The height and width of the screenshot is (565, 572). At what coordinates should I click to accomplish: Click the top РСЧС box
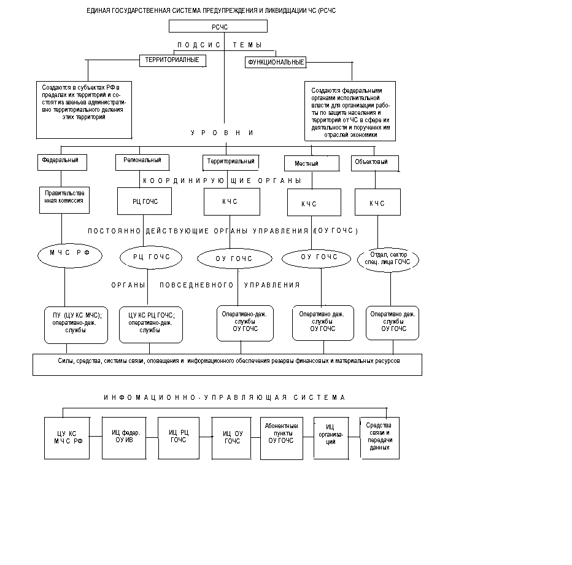(218, 26)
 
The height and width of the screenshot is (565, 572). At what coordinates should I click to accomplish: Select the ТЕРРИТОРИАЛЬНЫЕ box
(173, 61)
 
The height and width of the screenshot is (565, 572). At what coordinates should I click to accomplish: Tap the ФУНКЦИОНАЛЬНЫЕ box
(276, 63)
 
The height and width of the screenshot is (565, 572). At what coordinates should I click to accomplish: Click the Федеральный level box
(63, 162)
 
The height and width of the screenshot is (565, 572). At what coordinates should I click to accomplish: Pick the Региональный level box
(142, 162)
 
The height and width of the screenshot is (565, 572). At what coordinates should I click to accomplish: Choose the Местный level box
(312, 163)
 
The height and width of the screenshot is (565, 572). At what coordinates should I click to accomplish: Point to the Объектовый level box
(374, 163)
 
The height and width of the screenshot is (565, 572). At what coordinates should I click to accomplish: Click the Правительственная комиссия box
(64, 200)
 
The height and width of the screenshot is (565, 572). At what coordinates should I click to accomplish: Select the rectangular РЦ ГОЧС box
(144, 201)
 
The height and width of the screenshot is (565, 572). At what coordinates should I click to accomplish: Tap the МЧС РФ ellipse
(70, 255)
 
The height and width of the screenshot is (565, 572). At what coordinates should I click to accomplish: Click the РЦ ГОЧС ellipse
(151, 257)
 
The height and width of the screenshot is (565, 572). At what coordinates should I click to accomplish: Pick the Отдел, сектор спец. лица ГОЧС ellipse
(388, 260)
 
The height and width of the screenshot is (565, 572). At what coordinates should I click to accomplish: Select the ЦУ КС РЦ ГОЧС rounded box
(151, 325)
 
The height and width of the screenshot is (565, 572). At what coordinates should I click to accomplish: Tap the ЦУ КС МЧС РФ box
(67, 438)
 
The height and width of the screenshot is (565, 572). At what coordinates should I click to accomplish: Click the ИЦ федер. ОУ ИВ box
(124, 438)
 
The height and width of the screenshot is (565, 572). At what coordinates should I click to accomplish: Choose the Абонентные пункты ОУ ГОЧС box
(282, 438)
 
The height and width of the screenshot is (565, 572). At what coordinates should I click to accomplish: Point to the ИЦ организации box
(331, 438)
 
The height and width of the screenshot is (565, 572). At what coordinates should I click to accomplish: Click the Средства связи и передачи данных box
(380, 438)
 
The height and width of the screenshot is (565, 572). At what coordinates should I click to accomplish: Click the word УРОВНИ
(222, 133)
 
